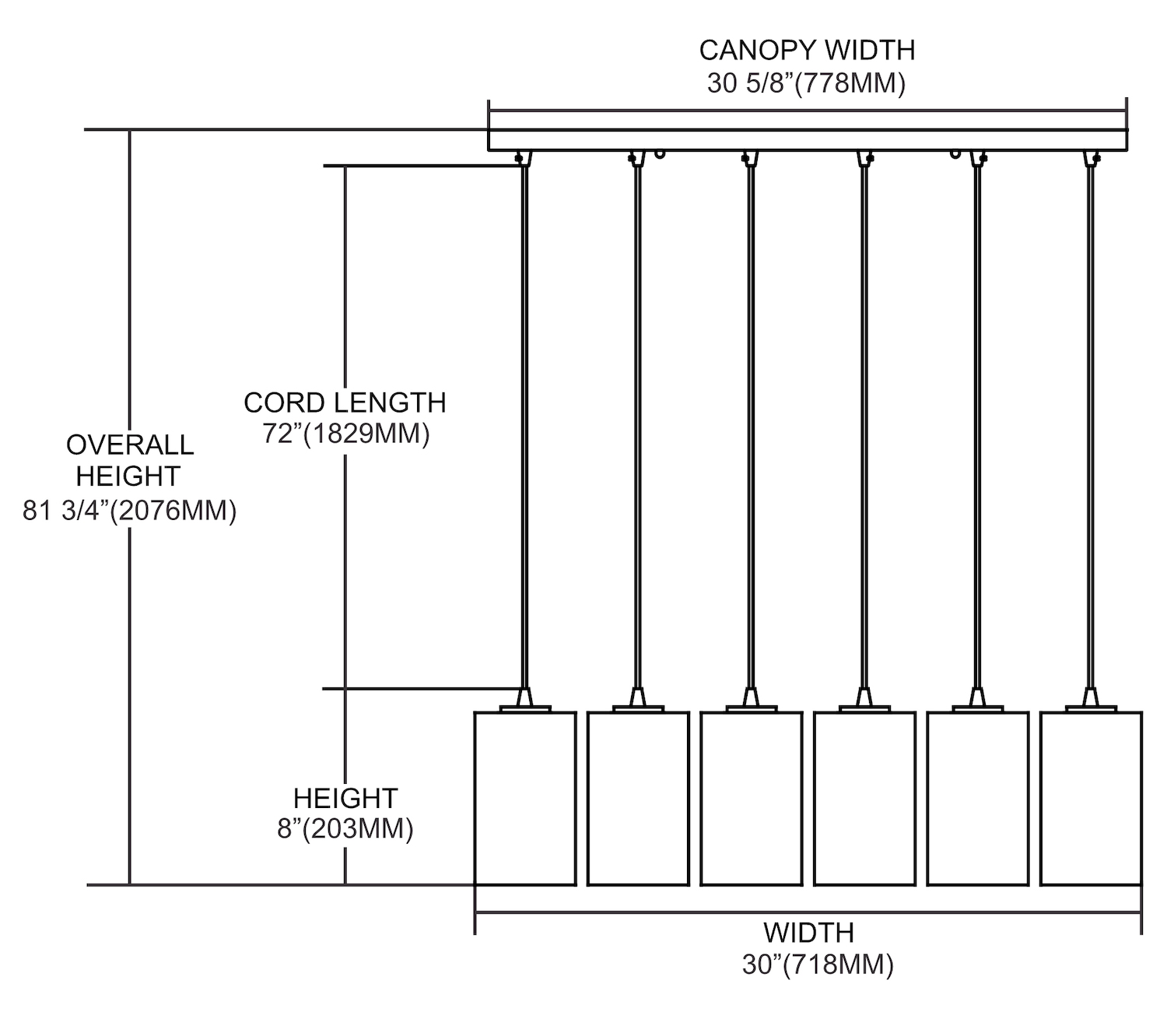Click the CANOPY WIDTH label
tap(807, 50)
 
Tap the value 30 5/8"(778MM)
tap(807, 83)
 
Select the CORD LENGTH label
tap(345, 402)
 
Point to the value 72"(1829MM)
tap(345, 434)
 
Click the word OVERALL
tap(130, 445)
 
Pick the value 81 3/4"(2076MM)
tap(129, 511)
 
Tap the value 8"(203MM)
tap(345, 829)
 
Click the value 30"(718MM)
tap(818, 965)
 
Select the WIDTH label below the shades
tap(808, 932)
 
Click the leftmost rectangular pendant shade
tap(525, 799)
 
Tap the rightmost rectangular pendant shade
tap(1091, 799)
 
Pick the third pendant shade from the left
tap(751, 799)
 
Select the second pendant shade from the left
tap(638, 799)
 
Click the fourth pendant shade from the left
tap(864, 799)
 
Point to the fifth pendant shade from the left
tap(977, 799)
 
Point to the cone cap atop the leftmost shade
tap(525, 696)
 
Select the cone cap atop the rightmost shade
tap(1091, 696)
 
